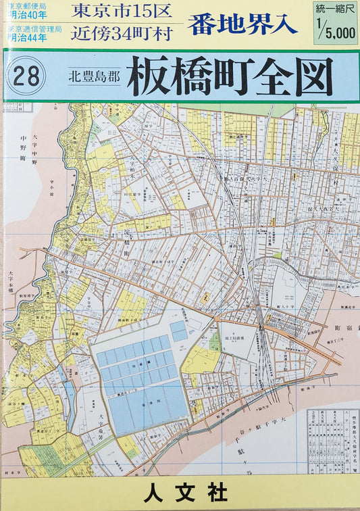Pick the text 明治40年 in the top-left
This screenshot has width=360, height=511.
pyautogui.click(x=29, y=16)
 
